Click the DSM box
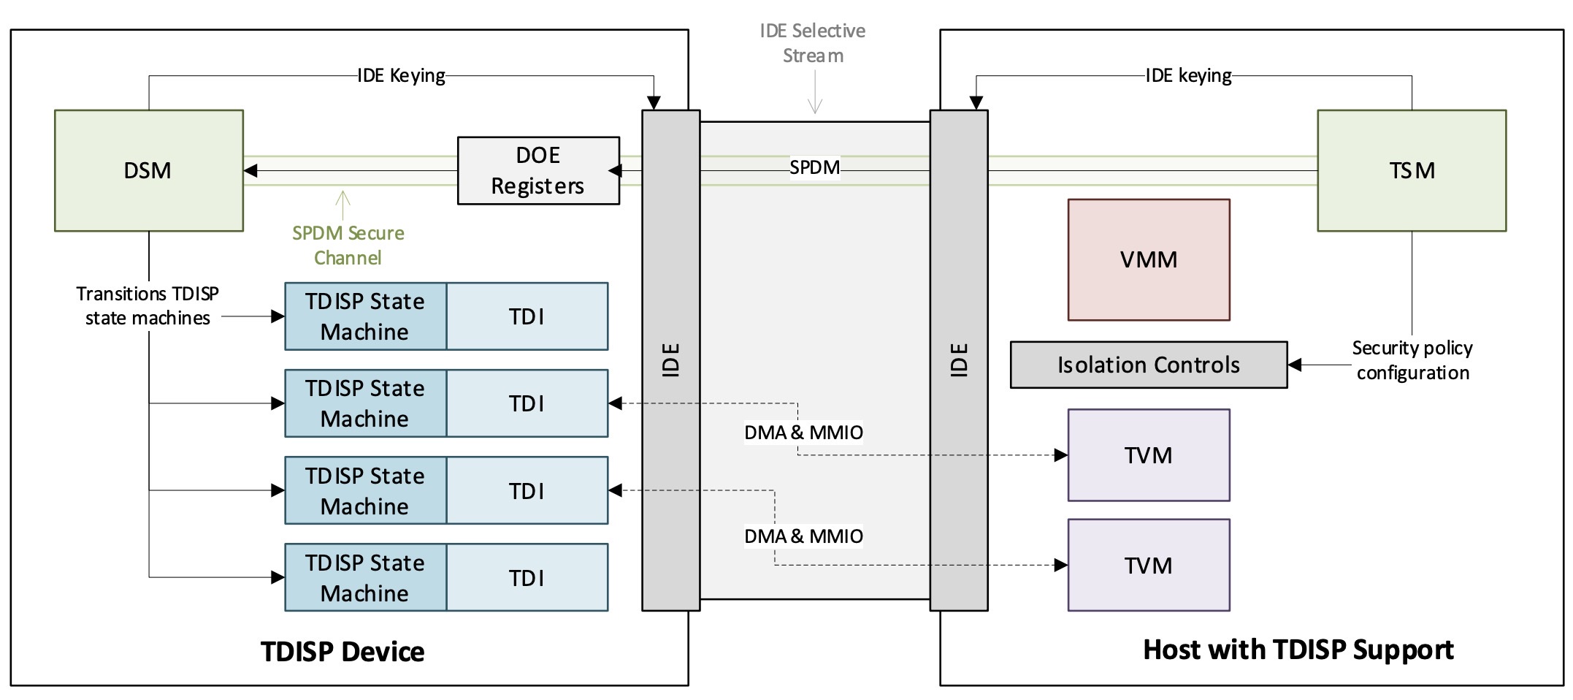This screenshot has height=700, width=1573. [x=148, y=170]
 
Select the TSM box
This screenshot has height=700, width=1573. [x=1411, y=170]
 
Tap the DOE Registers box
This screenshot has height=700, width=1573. [x=538, y=170]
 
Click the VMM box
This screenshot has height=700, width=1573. [x=1148, y=259]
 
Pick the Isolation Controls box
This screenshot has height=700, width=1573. [x=1148, y=365]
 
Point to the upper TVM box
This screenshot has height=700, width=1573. [x=1148, y=455]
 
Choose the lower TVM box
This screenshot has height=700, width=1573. [x=1148, y=565]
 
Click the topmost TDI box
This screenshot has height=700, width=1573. [x=527, y=316]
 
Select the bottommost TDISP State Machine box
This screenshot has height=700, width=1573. [x=365, y=577]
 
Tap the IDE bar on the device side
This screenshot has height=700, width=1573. [x=670, y=359]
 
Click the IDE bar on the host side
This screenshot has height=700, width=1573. [x=958, y=359]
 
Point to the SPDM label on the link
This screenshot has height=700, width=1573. [x=814, y=167]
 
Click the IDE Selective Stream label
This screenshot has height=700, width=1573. [x=812, y=43]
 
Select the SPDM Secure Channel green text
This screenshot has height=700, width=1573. [x=348, y=245]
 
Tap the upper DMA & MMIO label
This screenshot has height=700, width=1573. [x=803, y=433]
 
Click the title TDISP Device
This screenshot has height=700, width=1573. [x=342, y=651]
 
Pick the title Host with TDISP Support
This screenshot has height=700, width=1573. [x=1298, y=650]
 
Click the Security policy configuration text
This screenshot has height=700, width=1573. [x=1412, y=359]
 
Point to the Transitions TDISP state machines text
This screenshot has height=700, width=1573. [x=148, y=305]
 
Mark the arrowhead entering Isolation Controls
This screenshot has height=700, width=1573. [x=1295, y=365]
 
